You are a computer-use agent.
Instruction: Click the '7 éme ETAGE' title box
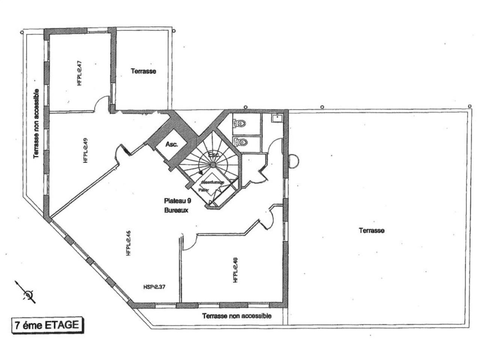(46, 325)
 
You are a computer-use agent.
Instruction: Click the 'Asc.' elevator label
(171, 144)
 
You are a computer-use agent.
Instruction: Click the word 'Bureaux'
(176, 210)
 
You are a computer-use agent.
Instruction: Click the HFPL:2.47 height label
(79, 74)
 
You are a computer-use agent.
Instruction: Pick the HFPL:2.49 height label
(85, 151)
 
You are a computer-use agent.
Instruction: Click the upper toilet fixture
(240, 123)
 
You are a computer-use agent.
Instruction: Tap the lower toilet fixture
(240, 142)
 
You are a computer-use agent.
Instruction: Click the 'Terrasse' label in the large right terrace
(371, 231)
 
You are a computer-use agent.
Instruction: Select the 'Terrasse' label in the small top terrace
(143, 71)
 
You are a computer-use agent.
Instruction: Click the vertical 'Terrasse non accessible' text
(36, 124)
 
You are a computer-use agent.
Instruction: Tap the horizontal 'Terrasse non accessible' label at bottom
(237, 316)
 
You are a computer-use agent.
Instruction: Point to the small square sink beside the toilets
(276, 118)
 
